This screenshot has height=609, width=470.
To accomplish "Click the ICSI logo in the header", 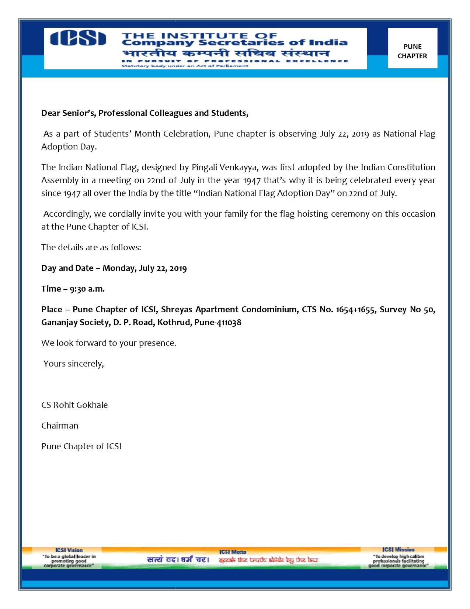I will point(78,38).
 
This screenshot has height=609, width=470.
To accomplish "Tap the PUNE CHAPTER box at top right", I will point(412,51).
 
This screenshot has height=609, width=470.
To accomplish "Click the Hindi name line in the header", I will point(226,53).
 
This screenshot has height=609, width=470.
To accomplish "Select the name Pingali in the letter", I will point(204,168).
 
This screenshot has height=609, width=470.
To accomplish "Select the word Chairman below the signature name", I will point(60,426).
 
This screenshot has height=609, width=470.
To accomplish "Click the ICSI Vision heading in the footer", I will point(69,550).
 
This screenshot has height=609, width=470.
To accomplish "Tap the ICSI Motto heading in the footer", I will point(233,552).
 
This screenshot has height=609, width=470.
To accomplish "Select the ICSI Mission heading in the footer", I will point(398,550).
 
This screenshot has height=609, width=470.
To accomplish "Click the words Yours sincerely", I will point(74,364).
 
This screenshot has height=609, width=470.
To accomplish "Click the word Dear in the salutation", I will point(51,113).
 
